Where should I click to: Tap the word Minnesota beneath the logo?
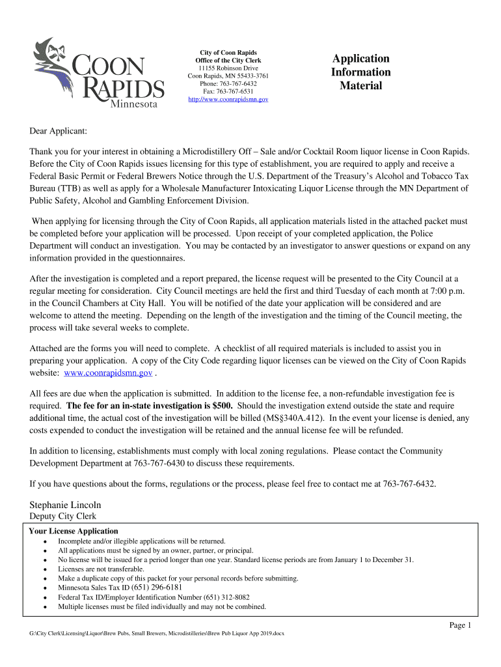(137, 104)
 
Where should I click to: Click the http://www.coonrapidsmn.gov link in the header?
(228, 100)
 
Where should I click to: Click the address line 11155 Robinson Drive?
(228, 68)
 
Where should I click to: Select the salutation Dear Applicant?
(59, 132)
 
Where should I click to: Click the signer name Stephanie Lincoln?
(65, 505)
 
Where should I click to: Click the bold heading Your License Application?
(74, 531)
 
